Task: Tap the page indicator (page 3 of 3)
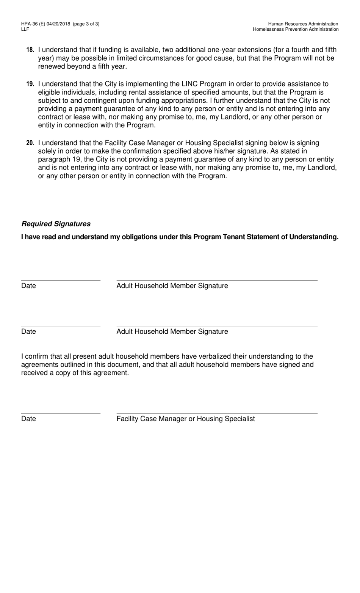tap(86, 24)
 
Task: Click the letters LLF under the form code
tap(25, 29)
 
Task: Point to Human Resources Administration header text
tap(303, 24)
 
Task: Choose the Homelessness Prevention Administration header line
tap(296, 29)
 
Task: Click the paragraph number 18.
tap(30, 50)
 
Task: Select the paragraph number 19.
tap(30, 84)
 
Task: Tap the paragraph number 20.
tap(30, 143)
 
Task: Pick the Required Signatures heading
tap(56, 224)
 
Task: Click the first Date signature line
tap(61, 280)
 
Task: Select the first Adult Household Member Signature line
tap(217, 280)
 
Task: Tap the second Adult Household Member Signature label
tap(172, 331)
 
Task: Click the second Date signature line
tap(61, 325)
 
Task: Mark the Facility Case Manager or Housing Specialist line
tap(217, 413)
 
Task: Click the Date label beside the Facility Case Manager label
tap(28, 419)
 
